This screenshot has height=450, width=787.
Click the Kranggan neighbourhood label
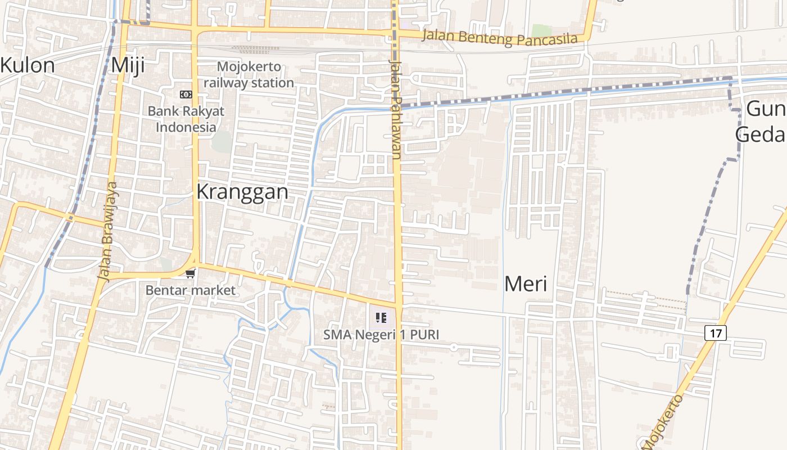point(242,192)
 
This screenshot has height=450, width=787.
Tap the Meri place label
point(526,283)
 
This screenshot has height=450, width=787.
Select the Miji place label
point(128,65)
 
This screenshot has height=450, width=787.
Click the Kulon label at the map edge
point(28,65)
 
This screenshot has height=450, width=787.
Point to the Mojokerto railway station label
point(248,74)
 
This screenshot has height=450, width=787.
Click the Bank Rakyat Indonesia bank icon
point(186,94)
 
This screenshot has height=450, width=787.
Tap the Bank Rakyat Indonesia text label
point(186,119)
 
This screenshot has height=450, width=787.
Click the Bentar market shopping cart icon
point(191,274)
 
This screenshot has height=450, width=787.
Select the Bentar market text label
point(191,290)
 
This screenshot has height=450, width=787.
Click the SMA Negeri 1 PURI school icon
point(381,318)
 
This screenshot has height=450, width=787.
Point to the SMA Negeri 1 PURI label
point(381,335)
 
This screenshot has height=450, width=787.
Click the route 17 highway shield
point(715,333)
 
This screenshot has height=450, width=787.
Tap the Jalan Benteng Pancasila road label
point(500,38)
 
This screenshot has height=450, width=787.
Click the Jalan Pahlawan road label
point(397,110)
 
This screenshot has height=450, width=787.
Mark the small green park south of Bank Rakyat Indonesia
point(222,141)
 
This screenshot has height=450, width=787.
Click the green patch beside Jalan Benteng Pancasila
point(541,30)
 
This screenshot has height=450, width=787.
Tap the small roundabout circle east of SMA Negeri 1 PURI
point(454,348)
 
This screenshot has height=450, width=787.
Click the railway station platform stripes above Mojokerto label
point(247,49)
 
